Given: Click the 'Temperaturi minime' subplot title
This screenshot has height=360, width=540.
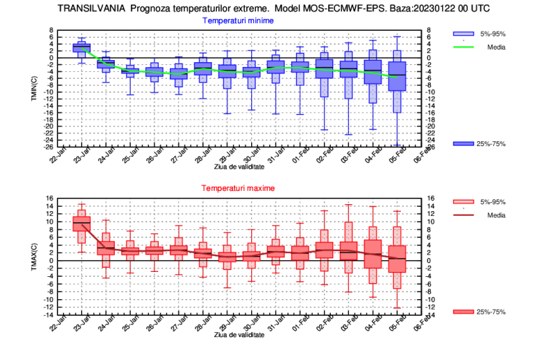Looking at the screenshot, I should point(238,21).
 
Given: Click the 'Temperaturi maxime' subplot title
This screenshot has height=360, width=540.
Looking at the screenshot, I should point(238,189).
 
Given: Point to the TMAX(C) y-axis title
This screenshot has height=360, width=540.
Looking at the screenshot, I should point(33,257).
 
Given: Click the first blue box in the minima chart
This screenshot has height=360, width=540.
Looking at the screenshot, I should point(81,48).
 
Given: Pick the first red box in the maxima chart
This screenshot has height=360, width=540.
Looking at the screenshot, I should point(81,224).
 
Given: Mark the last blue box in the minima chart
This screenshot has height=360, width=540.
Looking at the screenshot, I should point(397,76).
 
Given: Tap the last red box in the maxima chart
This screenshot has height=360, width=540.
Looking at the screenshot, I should point(397,259).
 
